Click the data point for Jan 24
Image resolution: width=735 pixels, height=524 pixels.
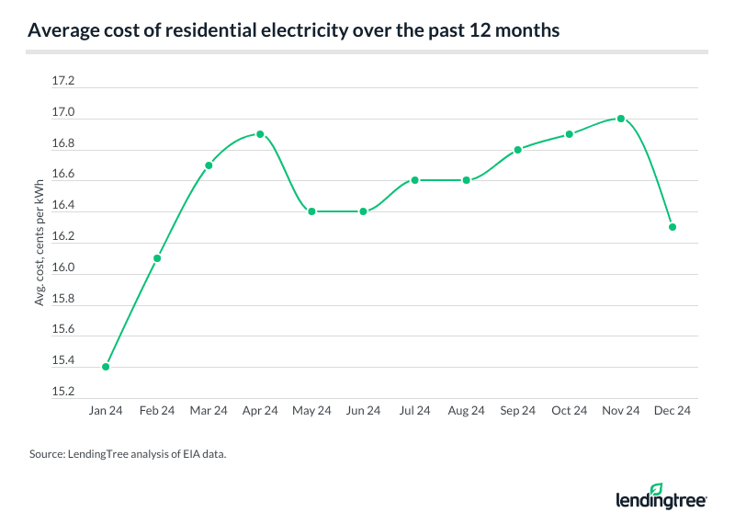point(106,367)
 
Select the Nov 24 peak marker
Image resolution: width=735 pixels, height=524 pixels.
point(621,119)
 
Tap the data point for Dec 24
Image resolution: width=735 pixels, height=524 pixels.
point(673,227)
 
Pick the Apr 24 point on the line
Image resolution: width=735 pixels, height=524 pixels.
point(260,134)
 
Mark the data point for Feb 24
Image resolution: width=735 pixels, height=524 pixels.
point(157,258)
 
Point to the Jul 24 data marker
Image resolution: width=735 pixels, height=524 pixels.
point(415,180)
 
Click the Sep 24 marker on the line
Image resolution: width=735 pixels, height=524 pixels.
point(518,149)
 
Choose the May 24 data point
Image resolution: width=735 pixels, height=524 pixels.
point(311,211)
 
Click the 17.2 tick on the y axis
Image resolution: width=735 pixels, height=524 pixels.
point(63,82)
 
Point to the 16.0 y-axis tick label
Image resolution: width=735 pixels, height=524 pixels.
point(63,268)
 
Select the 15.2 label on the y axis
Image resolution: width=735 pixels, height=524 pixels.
point(63,392)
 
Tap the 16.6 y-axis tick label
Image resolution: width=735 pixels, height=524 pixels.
point(63,175)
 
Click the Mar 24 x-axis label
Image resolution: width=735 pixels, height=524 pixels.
point(209,411)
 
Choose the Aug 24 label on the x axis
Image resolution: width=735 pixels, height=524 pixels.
point(467,411)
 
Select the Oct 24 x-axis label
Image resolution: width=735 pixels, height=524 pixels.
point(570,411)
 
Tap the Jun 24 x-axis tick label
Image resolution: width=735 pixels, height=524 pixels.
point(363,411)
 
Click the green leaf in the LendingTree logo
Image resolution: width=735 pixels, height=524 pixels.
point(656,489)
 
